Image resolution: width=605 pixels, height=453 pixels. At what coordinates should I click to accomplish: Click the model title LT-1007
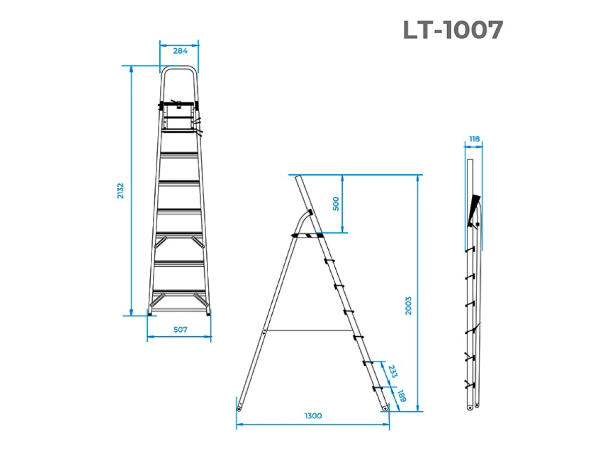point(452,30)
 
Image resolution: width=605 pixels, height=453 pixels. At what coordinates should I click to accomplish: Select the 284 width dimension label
point(180,51)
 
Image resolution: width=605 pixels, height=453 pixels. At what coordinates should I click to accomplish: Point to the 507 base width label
point(180,330)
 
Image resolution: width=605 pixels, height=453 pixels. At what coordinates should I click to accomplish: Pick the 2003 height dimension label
point(408,305)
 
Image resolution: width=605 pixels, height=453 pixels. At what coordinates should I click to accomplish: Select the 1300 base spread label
point(313,416)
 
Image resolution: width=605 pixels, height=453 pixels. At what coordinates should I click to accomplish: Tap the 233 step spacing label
point(393,372)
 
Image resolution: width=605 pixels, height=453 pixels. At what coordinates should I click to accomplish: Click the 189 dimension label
point(402,396)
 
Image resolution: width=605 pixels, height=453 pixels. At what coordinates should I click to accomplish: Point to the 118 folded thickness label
point(473,139)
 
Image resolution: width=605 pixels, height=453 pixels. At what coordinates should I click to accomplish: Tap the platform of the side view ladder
point(308,235)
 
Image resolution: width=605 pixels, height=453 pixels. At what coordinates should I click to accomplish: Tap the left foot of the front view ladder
point(151,312)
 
